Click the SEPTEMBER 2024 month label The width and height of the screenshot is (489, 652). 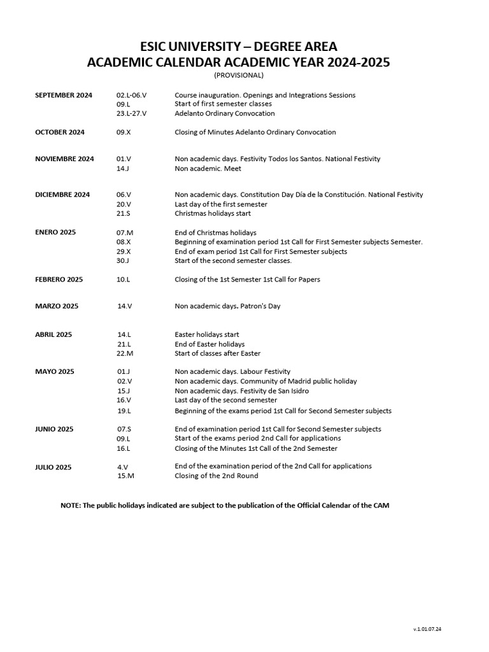point(64,95)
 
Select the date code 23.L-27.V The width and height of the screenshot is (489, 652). point(131,113)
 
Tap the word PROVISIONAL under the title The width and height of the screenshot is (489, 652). point(238,75)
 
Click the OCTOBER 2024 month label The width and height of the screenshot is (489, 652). point(60,132)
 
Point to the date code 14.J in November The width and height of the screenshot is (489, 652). point(123,169)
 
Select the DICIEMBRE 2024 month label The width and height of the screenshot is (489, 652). point(62,194)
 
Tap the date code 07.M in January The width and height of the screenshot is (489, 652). point(125,233)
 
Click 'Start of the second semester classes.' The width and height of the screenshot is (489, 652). point(233,260)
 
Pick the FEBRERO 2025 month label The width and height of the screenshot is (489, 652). point(59,279)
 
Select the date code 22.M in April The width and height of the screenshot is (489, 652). point(125,353)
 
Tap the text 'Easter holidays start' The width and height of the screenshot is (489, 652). point(207,334)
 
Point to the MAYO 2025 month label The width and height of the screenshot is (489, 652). point(55,371)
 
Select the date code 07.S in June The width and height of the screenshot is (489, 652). point(124,429)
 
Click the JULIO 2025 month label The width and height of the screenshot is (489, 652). point(53,467)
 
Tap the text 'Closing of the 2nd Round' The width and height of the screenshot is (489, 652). point(216,476)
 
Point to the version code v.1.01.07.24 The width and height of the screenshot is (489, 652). point(427,629)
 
